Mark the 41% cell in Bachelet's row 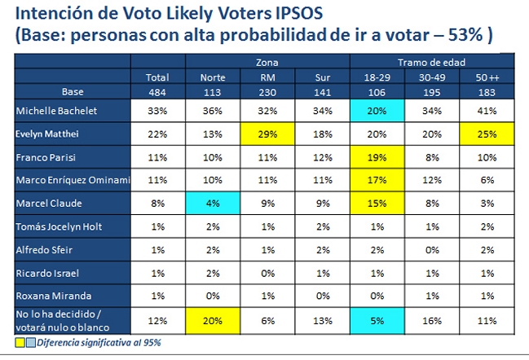(x=487, y=109)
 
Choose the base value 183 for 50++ (x=487, y=91)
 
